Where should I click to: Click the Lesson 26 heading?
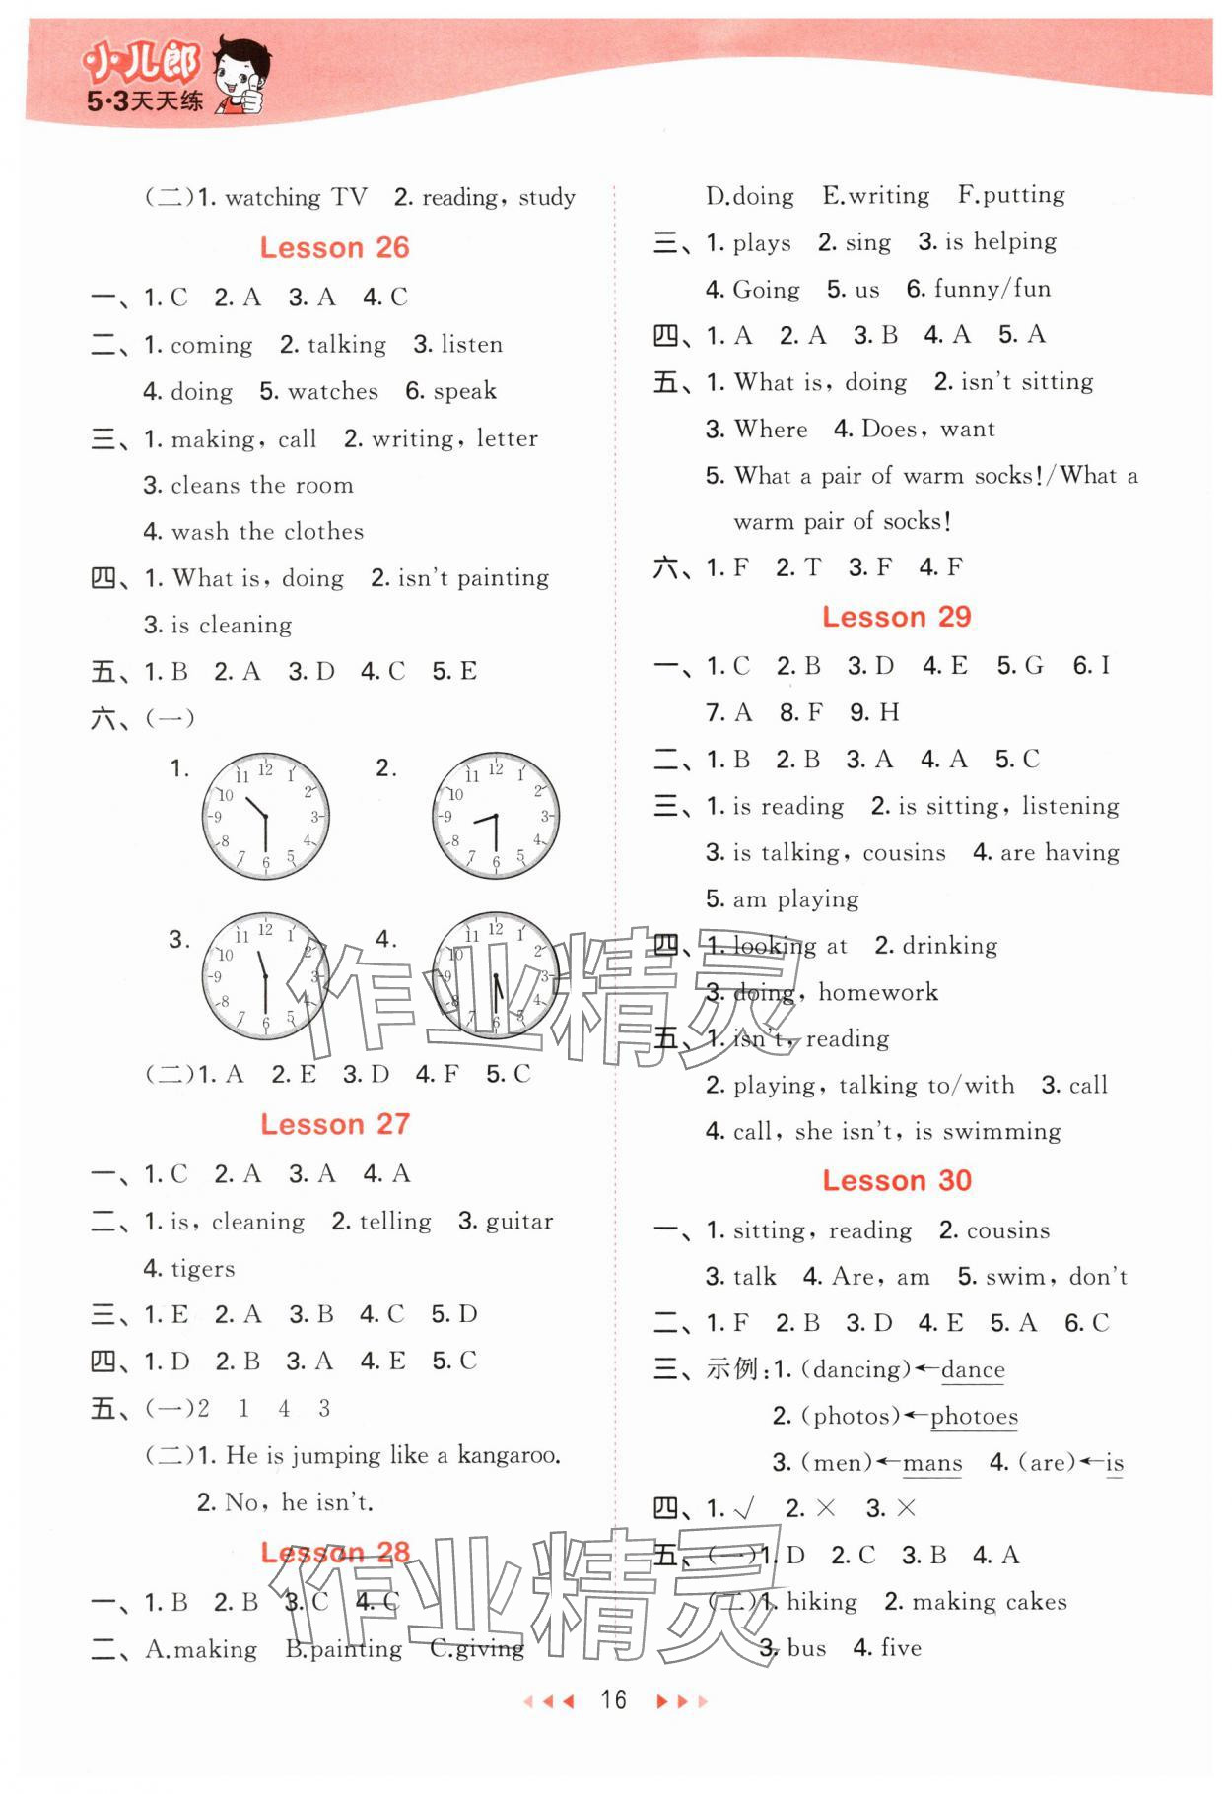[x=334, y=247]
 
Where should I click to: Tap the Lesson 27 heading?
[x=334, y=1124]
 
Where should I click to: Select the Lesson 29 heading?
[x=896, y=617]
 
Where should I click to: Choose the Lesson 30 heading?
[x=896, y=1180]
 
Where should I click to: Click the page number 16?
[x=613, y=1699]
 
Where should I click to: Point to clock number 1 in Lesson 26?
[x=265, y=817]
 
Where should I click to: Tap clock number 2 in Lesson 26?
[x=495, y=817]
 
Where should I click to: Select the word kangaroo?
[x=509, y=1455]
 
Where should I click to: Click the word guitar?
[x=519, y=1222]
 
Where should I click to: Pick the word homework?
[x=878, y=992]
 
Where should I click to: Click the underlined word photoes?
[x=974, y=1417]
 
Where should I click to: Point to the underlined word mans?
[x=931, y=1463]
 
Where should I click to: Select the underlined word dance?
[x=973, y=1369]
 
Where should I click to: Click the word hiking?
[x=821, y=1602]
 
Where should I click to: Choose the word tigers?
[x=202, y=1269]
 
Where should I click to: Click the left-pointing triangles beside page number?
[x=547, y=1700]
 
